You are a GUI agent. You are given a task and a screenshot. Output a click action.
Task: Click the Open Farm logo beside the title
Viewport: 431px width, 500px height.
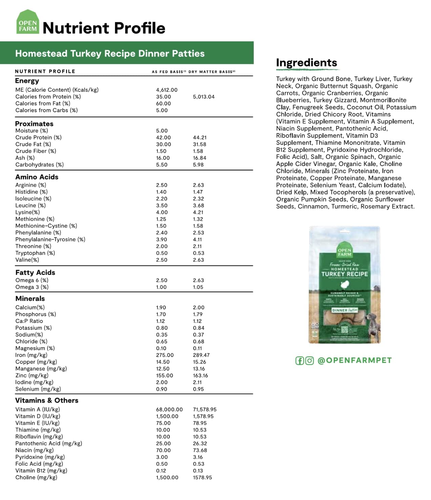tap(27, 22)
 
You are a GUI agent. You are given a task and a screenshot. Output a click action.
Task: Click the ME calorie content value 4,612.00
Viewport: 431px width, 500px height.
tap(167, 90)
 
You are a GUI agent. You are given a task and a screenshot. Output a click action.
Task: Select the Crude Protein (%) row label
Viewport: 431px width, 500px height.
tap(38, 137)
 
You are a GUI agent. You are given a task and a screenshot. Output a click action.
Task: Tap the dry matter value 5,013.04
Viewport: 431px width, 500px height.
tap(204, 97)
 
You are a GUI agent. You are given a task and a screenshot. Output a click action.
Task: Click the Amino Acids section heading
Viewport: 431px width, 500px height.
tap(37, 177)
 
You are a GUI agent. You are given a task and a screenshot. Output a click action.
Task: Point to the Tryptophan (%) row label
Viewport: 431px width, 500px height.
tap(35, 253)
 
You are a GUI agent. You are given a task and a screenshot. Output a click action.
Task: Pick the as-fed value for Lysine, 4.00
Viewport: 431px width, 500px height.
tap(162, 212)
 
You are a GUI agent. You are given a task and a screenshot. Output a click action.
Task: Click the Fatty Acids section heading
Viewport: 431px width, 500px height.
tap(35, 272)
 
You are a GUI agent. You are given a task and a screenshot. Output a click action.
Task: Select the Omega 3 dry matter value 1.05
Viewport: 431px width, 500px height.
tap(198, 287)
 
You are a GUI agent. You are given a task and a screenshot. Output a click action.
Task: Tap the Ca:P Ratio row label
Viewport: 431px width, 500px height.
tap(29, 321)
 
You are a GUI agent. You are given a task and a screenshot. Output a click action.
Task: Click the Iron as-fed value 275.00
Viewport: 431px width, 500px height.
tap(165, 355)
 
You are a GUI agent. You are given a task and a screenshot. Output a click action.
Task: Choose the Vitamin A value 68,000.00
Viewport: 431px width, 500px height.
tap(169, 410)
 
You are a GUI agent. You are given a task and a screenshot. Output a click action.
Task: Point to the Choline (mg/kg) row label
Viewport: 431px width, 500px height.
tap(36, 477)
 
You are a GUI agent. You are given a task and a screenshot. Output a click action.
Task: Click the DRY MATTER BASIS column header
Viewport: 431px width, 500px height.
tap(211, 71)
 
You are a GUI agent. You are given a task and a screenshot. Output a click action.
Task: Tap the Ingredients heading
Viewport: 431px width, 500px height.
tap(306, 63)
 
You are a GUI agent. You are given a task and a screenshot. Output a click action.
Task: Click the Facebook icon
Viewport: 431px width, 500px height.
tap(300, 361)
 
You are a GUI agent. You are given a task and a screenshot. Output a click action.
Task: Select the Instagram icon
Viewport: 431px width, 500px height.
tap(309, 361)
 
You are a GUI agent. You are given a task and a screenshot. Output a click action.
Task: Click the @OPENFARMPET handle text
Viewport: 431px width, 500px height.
tap(354, 360)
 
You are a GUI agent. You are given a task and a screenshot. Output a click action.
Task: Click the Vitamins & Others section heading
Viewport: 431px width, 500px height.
tap(47, 400)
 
